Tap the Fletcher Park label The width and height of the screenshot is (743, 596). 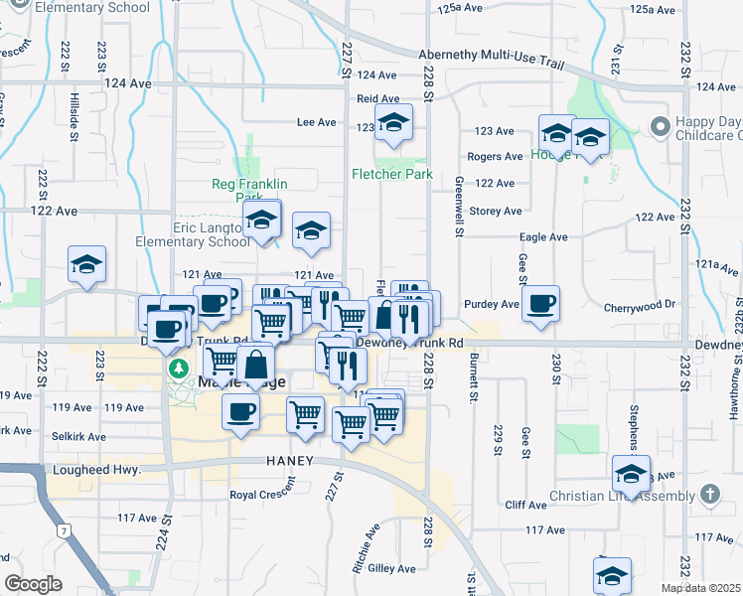click(392, 174)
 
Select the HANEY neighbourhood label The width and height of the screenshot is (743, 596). click(290, 461)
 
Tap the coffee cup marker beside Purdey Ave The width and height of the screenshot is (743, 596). click(540, 304)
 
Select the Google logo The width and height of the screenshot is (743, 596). click(33, 584)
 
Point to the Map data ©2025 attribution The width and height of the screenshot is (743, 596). click(700, 588)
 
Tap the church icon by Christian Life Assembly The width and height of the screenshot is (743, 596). click(709, 494)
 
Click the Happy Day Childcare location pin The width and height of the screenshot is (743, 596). click(658, 127)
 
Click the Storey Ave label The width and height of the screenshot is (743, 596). click(496, 211)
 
